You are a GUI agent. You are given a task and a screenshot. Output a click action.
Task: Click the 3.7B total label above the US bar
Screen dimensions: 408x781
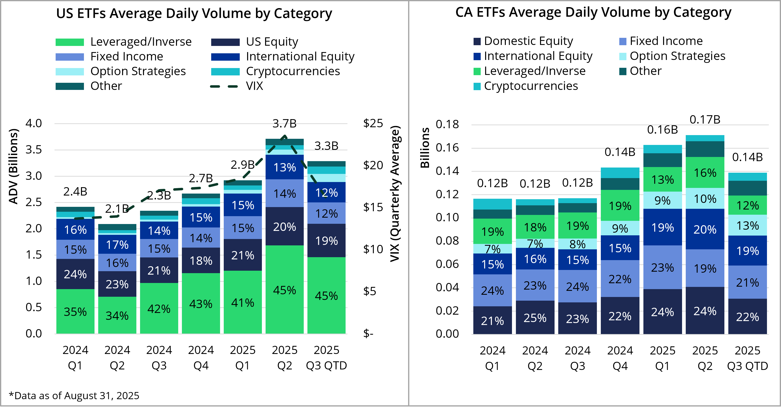coord(284,124)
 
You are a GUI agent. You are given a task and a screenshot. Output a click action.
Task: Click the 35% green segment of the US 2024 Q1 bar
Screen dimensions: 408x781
coord(75,312)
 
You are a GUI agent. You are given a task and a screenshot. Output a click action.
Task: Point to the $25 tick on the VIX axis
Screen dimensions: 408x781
coord(373,124)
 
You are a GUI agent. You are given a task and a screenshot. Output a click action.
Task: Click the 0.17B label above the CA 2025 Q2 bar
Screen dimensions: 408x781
coord(705,120)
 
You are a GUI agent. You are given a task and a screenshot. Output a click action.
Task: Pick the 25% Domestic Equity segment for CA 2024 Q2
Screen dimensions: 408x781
coord(535,318)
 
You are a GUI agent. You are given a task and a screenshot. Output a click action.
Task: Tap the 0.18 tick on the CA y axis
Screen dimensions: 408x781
coord(447,124)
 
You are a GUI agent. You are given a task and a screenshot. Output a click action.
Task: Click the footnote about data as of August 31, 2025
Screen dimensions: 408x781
coord(74,395)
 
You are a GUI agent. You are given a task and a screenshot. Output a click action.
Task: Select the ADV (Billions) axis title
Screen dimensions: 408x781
coord(13,167)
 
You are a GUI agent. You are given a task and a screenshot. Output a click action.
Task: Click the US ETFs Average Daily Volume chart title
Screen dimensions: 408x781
coord(194,14)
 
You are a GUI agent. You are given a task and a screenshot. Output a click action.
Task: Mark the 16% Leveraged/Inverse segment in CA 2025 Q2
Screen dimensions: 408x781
coord(705,173)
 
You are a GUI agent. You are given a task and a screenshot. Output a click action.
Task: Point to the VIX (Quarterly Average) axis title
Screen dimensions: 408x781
coord(395,194)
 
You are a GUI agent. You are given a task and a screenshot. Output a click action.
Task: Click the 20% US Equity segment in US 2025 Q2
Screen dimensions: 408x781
coord(284,227)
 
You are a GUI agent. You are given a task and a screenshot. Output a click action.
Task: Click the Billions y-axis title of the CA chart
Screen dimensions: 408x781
coord(425,148)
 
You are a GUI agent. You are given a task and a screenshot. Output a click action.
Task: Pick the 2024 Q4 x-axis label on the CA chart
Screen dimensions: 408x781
coord(620,358)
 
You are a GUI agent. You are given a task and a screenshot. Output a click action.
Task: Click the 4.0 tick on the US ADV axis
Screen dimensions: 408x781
coord(34,124)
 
